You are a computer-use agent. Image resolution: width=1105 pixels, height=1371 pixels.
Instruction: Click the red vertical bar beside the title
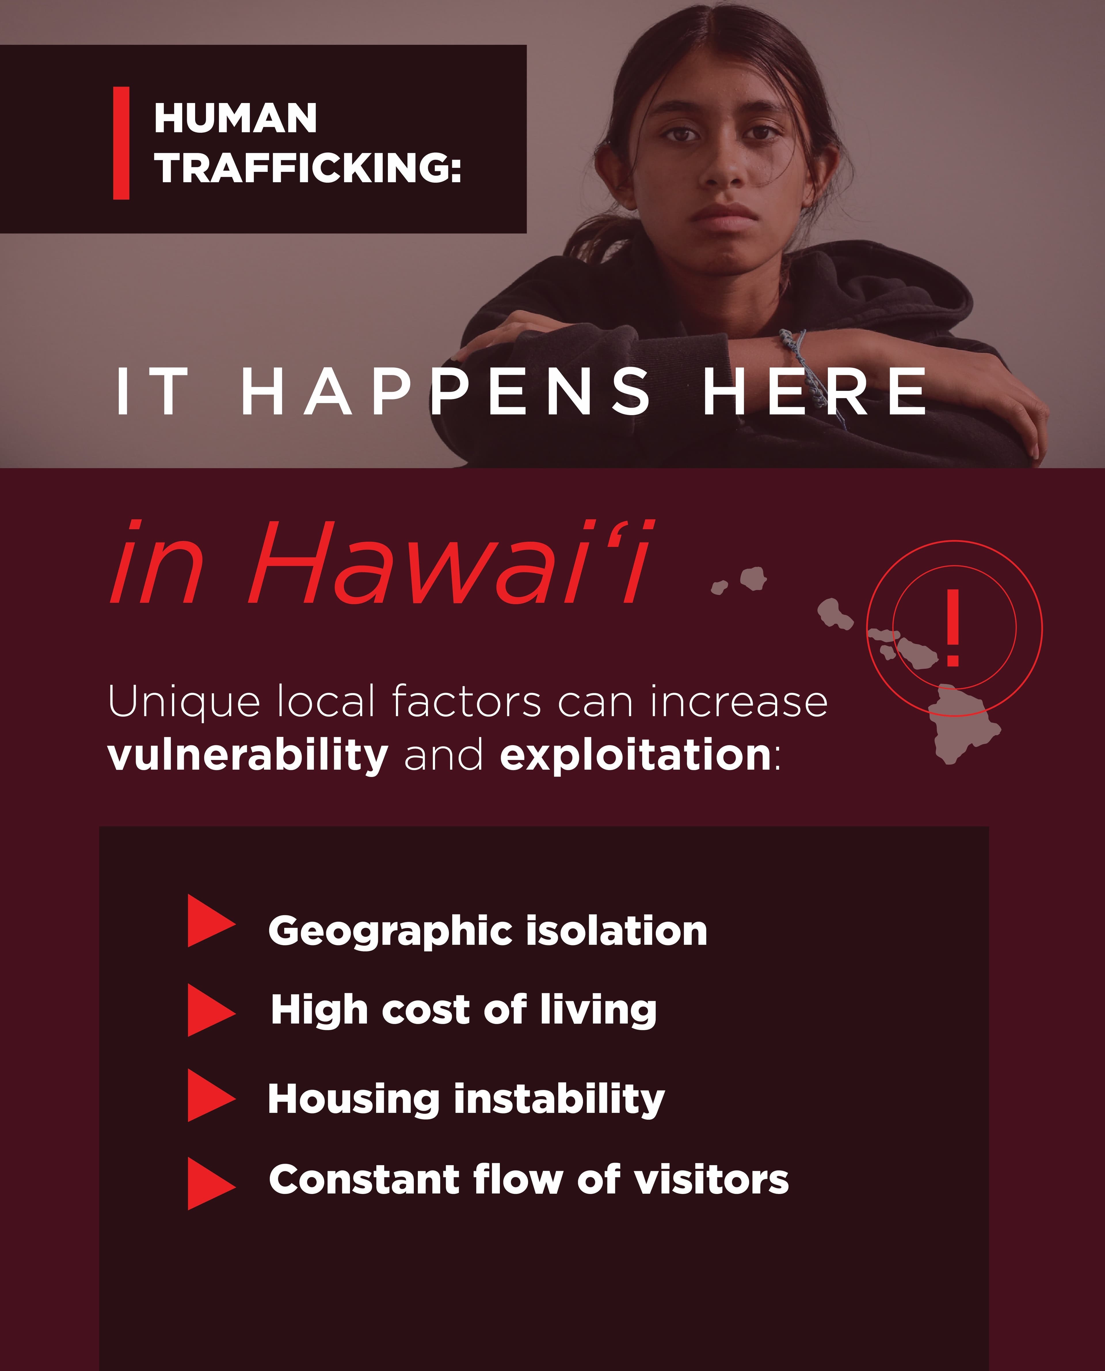121,143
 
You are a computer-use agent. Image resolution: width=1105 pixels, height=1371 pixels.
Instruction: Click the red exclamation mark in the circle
953,627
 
